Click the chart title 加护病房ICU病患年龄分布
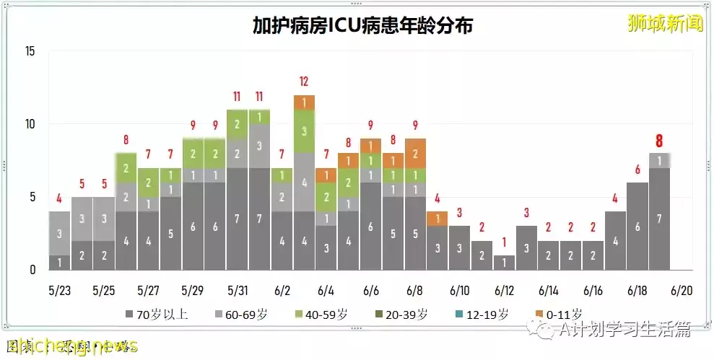(x=362, y=26)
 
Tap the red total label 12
(x=304, y=82)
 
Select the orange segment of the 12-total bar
(x=304, y=102)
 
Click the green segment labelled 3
(x=304, y=131)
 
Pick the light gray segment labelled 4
(x=304, y=182)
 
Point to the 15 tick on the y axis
(x=30, y=51)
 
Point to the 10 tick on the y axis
(x=30, y=124)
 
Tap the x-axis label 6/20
(x=681, y=290)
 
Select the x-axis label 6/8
(x=414, y=290)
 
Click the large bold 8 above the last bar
(x=659, y=141)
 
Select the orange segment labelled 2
(x=415, y=153)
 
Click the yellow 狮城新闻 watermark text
(x=665, y=24)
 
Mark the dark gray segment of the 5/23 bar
(x=60, y=262)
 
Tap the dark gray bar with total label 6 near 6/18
(x=637, y=226)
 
